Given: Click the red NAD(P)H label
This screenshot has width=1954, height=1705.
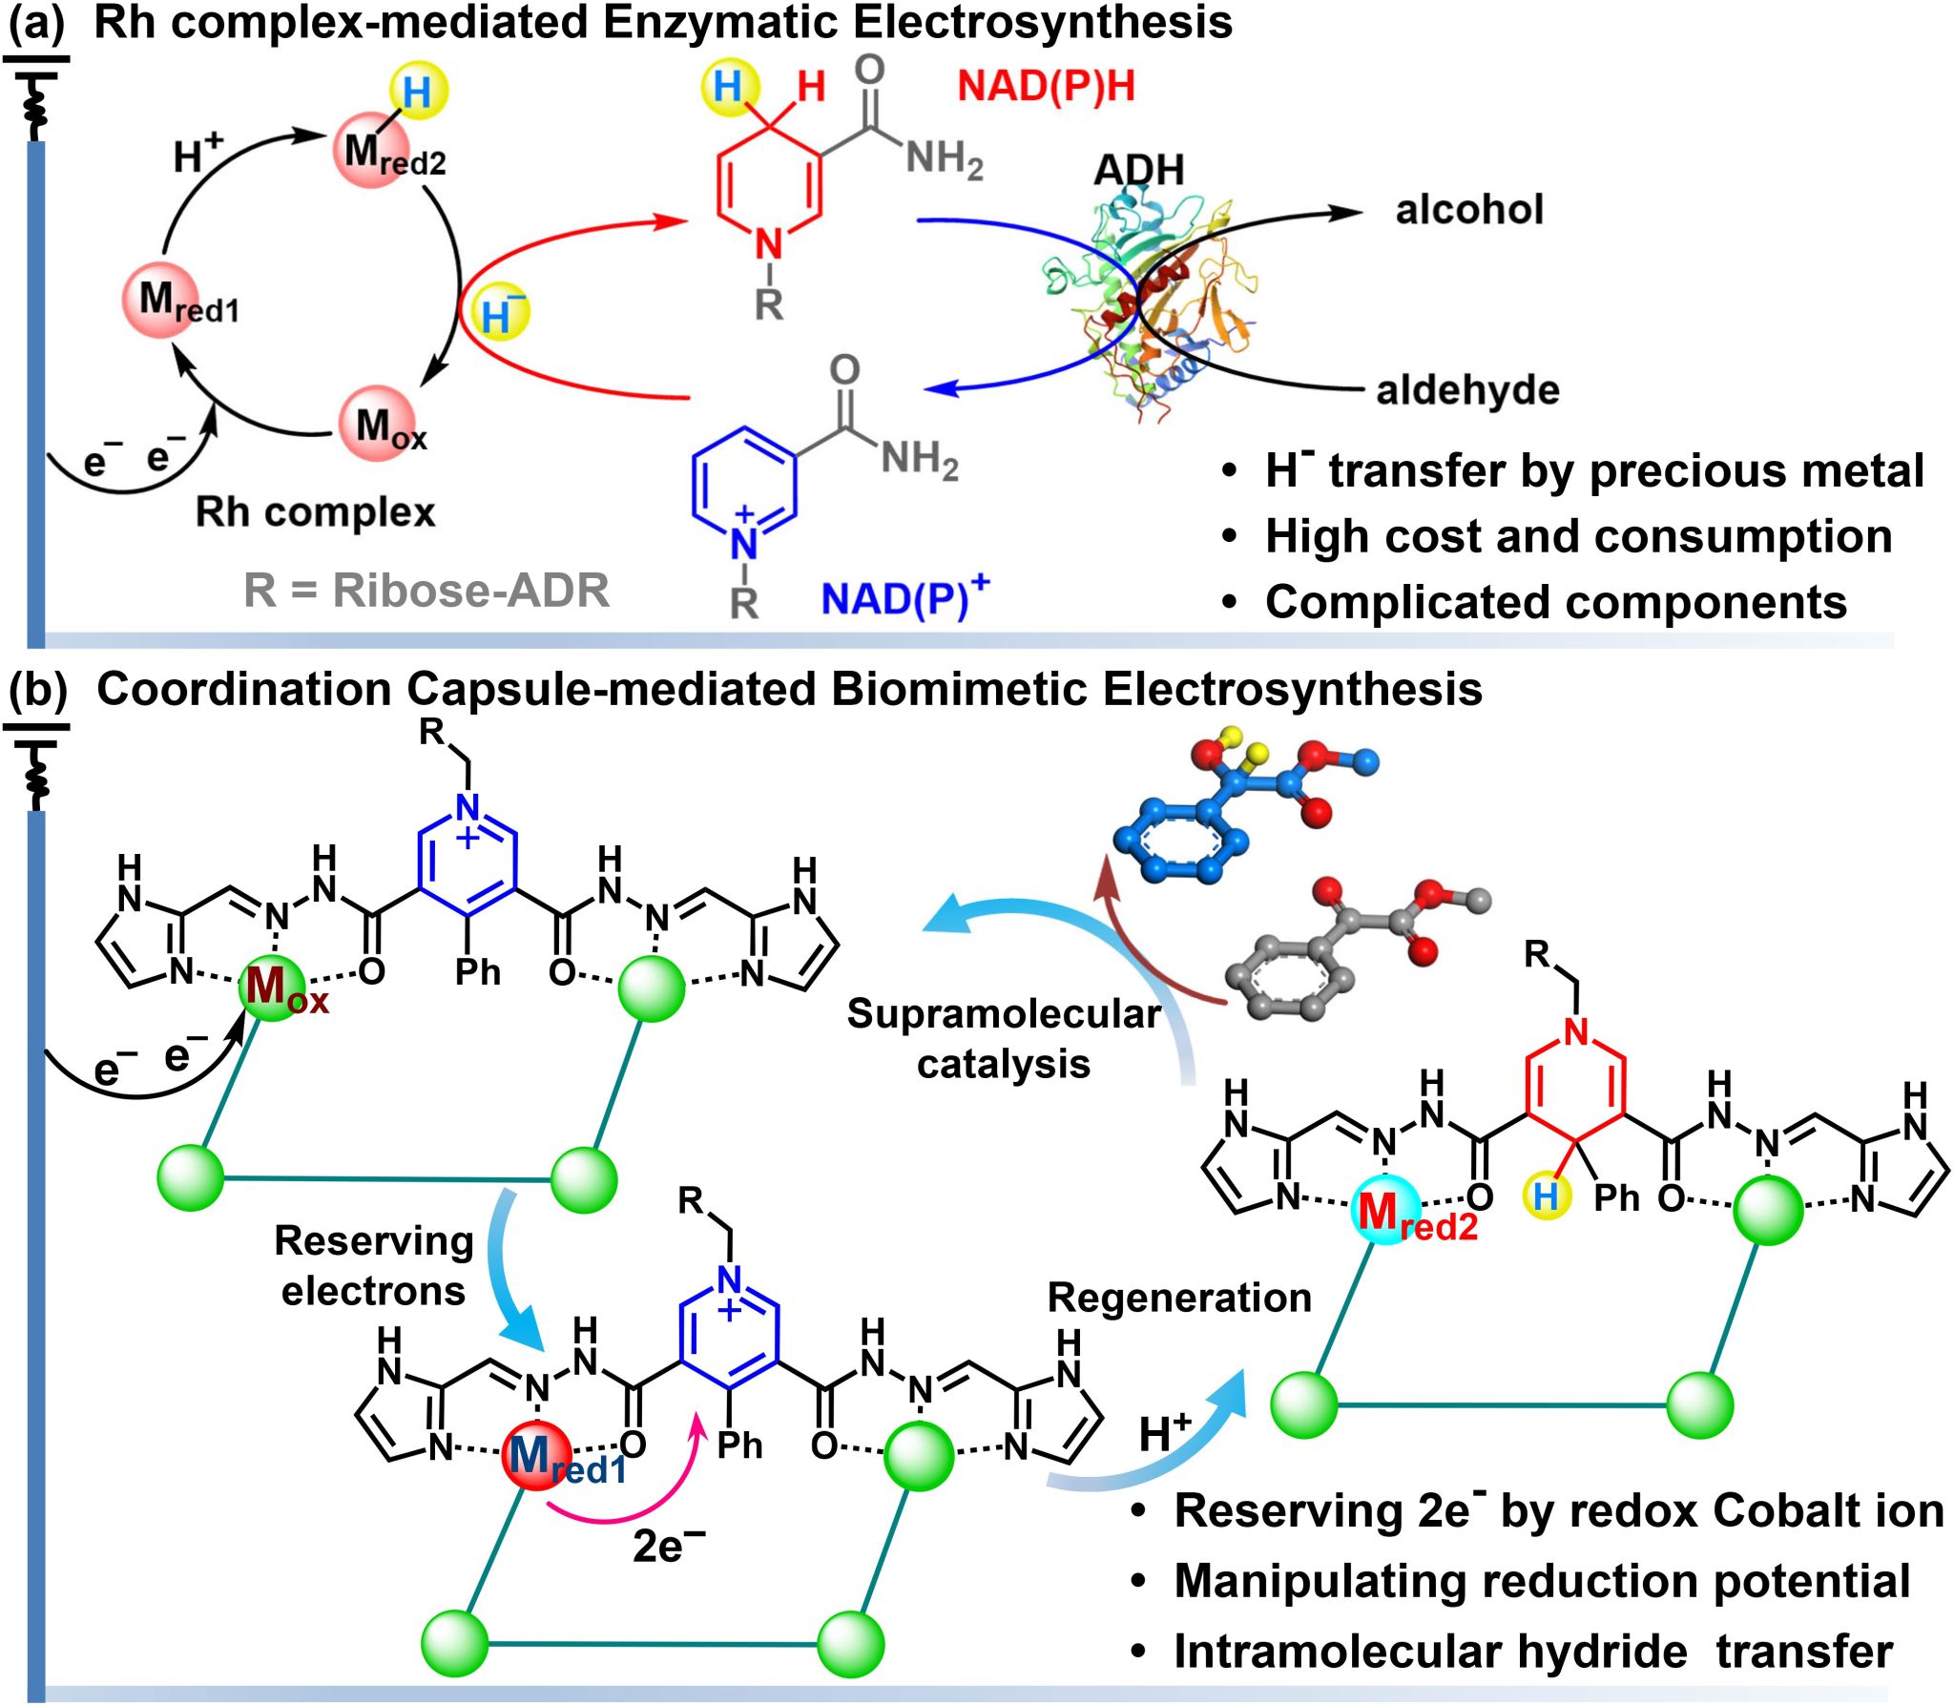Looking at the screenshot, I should pos(1046,87).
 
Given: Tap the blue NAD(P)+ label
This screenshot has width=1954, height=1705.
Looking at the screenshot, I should pos(904,598).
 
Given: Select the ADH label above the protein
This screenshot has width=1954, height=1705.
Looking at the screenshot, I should pos(1138,170).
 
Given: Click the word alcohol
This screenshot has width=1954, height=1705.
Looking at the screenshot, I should pos(1468,210).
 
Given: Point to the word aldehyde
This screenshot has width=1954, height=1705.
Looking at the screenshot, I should pos(1466,390).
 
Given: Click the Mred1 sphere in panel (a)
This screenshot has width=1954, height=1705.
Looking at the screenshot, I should pos(162,301).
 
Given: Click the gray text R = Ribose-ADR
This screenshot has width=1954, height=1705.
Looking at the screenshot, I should pos(426,591).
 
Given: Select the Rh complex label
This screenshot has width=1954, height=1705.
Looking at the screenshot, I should pos(315,512).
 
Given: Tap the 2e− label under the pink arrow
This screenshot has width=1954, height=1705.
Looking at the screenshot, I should pos(668,1547).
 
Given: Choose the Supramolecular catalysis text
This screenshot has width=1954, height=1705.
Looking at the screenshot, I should pos(1003,1039).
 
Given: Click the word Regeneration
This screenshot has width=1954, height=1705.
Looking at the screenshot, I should pos(1178,1298).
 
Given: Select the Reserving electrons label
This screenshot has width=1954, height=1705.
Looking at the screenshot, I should pos(373,1265).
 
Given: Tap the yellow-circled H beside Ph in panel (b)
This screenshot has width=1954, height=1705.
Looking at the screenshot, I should pos(1546,1196).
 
